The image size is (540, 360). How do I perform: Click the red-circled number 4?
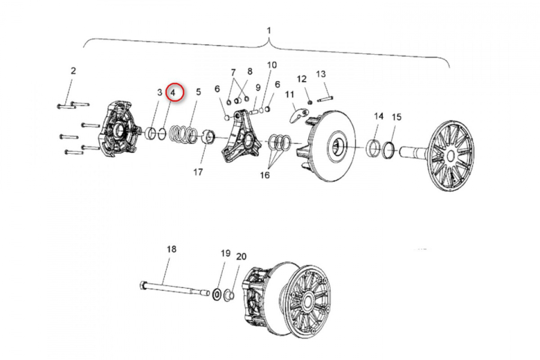coord(173,92)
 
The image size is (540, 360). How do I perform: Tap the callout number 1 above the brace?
coord(269,31)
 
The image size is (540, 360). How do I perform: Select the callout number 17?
coord(198,172)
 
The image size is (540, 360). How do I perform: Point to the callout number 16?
coord(265,175)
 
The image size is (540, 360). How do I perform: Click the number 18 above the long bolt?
coord(171,249)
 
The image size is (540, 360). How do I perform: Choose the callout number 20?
coord(241,256)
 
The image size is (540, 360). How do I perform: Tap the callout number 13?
coord(321,74)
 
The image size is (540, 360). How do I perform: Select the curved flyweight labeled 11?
coord(299,115)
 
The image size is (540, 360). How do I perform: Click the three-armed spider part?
coord(241,137)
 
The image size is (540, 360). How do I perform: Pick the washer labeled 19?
coord(217,295)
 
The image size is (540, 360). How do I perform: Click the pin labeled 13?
coord(325,99)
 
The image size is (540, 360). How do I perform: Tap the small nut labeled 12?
coord(310,103)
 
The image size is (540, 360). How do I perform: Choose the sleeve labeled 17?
coord(208,137)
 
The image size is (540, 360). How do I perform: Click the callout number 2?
coord(73,71)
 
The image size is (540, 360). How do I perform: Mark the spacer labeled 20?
coord(229,296)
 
